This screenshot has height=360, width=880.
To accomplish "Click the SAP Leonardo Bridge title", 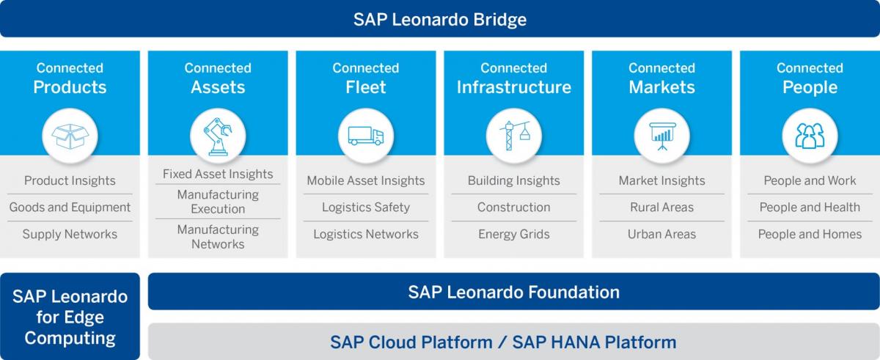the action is (x=439, y=20).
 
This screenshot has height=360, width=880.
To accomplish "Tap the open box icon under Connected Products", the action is (x=70, y=136).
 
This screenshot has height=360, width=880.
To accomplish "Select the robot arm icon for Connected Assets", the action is (x=218, y=136).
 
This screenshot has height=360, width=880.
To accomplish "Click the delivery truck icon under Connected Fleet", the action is (x=366, y=136).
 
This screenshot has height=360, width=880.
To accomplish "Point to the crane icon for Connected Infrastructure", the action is (x=514, y=136).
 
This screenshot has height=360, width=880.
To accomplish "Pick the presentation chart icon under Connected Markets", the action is (x=662, y=136).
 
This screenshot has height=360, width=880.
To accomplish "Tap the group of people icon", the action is (x=810, y=136).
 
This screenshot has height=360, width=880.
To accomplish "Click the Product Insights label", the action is (x=70, y=180).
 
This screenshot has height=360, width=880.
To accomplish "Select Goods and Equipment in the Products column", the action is (x=70, y=207).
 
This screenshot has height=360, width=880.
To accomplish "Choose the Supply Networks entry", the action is (x=70, y=234).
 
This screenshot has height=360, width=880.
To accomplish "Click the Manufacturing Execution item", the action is (x=218, y=202).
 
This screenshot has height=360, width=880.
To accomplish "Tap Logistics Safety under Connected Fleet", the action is (x=366, y=207).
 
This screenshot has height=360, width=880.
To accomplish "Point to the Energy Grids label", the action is (x=514, y=234).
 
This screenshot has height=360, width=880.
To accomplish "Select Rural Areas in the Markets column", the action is (x=662, y=207).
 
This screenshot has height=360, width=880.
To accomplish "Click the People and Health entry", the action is (x=810, y=207).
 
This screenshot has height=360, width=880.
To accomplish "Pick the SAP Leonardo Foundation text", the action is (x=514, y=292).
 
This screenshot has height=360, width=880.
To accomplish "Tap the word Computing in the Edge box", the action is (x=70, y=339).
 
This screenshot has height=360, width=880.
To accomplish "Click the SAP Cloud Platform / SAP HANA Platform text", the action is (x=503, y=342).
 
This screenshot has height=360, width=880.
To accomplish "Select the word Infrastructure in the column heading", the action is (x=514, y=87).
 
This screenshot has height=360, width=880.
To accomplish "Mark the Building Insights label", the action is (x=514, y=180).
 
